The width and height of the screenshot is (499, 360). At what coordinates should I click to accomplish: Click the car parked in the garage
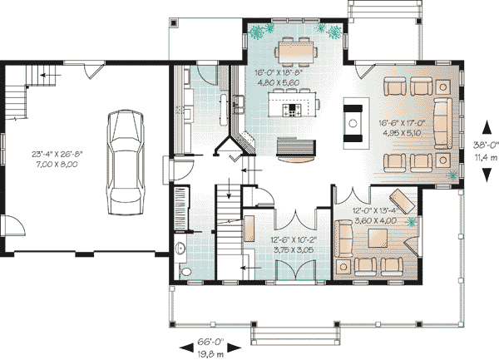click(125, 162)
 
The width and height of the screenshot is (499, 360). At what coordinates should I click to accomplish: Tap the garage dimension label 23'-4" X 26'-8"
click(57, 155)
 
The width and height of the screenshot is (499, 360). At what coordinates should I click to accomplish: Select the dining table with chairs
click(296, 52)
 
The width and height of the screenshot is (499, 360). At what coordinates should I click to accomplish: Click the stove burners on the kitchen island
click(293, 110)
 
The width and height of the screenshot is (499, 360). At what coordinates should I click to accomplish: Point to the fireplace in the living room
click(353, 123)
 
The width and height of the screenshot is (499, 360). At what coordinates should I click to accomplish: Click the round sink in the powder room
click(180, 249)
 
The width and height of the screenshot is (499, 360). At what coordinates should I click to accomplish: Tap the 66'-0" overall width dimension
click(210, 343)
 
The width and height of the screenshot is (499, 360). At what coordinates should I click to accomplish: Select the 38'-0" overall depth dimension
click(486, 145)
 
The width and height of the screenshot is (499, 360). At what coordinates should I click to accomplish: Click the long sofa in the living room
click(443, 123)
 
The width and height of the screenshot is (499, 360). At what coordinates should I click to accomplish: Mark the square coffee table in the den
click(378, 238)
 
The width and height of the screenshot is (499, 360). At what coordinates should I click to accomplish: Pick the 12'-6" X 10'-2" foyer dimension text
click(294, 240)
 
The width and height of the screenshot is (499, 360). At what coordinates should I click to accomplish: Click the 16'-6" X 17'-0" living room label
click(403, 123)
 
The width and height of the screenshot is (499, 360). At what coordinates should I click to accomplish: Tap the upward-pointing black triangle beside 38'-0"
click(487, 127)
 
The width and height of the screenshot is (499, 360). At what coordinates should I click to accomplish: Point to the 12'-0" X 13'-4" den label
click(376, 210)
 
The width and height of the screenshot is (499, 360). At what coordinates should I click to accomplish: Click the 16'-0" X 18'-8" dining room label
click(278, 72)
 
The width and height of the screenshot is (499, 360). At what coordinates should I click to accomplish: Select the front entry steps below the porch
click(295, 336)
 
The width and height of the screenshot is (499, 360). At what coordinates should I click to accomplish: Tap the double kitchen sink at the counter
click(238, 105)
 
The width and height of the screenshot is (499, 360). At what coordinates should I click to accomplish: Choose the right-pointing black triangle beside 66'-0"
click(235, 348)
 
